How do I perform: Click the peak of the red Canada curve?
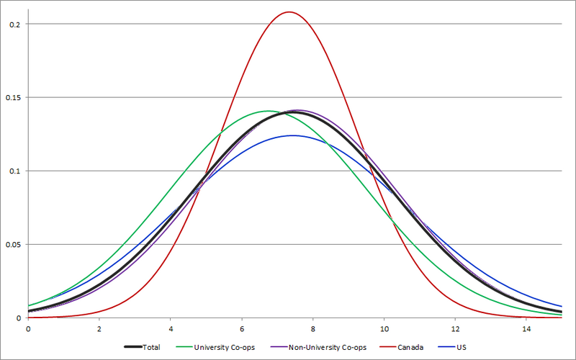tap(289, 12)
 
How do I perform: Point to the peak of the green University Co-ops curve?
tap(268, 111)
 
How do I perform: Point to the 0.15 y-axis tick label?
tap(12, 98)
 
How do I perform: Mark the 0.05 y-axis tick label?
tap(12, 245)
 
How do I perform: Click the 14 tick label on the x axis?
tap(526, 328)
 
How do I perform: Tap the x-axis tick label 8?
tap(313, 328)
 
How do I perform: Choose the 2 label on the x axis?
tap(99, 328)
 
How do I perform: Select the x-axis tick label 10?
tap(384, 328)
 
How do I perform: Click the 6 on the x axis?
tap(242, 328)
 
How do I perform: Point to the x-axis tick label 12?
tap(455, 328)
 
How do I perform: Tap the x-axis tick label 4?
tap(171, 328)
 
